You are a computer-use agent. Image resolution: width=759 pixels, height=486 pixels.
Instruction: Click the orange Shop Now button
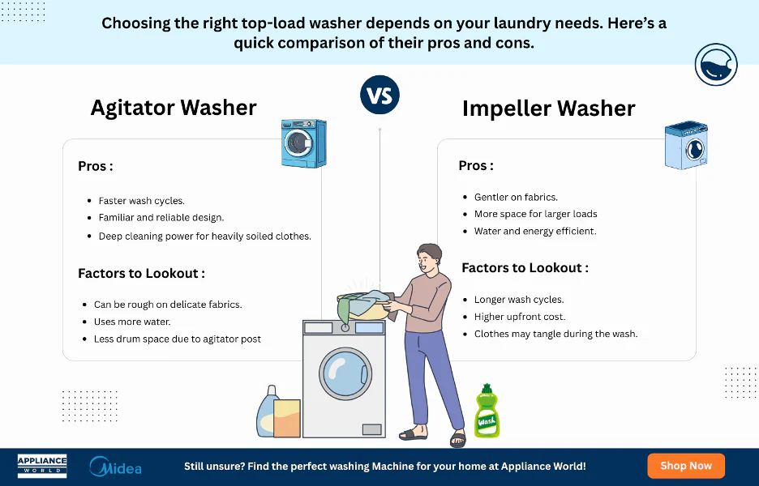click(x=685, y=466)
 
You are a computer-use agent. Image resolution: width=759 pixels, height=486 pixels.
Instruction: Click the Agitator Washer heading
click(x=174, y=108)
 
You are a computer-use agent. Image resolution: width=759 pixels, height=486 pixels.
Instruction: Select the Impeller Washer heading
click(x=548, y=109)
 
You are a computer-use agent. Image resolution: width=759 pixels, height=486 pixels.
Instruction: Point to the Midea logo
click(x=115, y=467)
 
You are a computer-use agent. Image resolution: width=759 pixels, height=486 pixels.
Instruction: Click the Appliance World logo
click(x=42, y=466)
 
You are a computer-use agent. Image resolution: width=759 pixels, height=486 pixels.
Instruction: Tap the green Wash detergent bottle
click(x=487, y=413)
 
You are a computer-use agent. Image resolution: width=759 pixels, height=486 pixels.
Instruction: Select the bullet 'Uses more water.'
click(x=132, y=322)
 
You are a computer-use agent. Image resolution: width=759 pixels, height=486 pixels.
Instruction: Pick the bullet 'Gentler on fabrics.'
click(x=516, y=197)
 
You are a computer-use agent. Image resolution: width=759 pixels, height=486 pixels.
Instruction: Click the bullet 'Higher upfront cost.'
click(x=520, y=317)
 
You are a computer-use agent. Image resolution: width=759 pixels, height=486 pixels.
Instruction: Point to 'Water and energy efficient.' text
click(x=535, y=231)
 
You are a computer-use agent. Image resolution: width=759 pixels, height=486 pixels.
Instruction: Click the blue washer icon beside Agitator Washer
click(x=303, y=143)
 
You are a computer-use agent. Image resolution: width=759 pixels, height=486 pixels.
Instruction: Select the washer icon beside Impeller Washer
click(x=686, y=146)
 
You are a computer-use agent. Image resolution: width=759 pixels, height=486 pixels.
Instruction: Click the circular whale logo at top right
click(x=715, y=65)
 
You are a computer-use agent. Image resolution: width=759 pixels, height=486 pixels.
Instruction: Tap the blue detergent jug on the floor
click(x=267, y=413)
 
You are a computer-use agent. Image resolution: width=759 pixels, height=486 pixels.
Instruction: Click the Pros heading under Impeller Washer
click(x=475, y=165)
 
